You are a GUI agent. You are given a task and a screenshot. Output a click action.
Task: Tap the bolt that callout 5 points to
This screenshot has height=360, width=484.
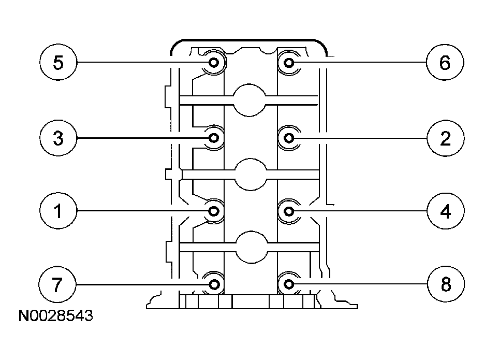pyautogui.click(x=214, y=63)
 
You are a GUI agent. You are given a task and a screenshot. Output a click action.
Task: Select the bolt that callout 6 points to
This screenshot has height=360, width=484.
pyautogui.click(x=289, y=63)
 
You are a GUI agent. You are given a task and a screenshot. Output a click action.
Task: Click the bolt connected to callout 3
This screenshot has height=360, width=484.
pyautogui.click(x=214, y=138)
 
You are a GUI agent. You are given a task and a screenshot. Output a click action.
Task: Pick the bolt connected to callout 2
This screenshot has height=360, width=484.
pyautogui.click(x=289, y=138)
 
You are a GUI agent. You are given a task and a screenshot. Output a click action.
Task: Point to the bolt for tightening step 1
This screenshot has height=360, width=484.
pyautogui.click(x=214, y=211)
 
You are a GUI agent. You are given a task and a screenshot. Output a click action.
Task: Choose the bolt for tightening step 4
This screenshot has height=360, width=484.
pyautogui.click(x=289, y=211)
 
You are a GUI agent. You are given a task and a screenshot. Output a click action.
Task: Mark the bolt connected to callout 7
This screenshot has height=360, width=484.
pyautogui.click(x=214, y=284)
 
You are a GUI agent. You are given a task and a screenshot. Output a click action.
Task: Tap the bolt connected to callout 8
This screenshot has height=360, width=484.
pyautogui.click(x=289, y=284)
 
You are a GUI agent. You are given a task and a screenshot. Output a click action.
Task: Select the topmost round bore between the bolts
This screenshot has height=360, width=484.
pyautogui.click(x=251, y=100)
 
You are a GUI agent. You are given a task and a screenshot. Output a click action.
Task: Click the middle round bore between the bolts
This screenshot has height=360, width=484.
pyautogui.click(x=251, y=174)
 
